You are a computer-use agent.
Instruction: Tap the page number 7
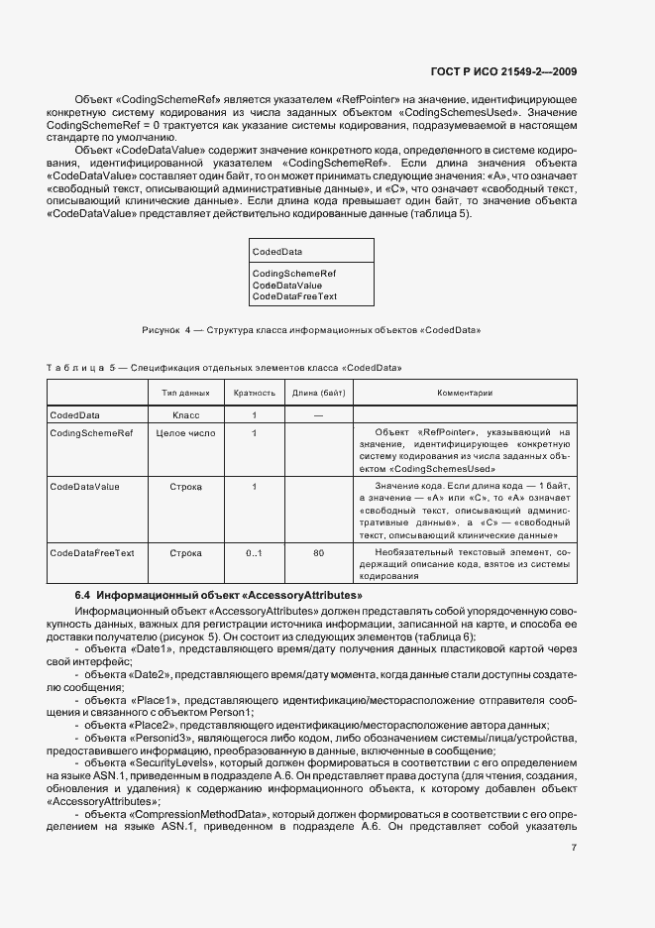(574, 847)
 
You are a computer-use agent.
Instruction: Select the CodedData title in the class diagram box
(277, 252)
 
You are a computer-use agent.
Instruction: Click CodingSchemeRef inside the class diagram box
(294, 273)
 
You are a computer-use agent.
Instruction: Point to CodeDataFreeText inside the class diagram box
(294, 296)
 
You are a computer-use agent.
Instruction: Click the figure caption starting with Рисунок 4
(312, 329)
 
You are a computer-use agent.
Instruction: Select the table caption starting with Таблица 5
(224, 367)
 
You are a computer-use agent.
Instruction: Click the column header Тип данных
(186, 393)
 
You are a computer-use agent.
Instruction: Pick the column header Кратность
(254, 393)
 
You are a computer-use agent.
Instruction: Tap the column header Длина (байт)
(318, 393)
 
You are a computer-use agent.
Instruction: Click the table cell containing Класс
(186, 414)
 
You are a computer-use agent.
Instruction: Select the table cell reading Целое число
(186, 433)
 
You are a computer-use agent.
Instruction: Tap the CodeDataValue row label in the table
(84, 487)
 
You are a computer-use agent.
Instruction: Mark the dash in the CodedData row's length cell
(318, 414)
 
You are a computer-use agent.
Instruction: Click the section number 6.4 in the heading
(83, 594)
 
